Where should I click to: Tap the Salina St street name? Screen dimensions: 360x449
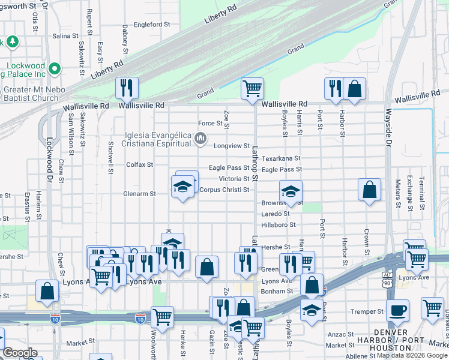[65, 36]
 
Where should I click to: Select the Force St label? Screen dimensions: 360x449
[210, 124]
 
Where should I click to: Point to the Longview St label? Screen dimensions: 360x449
[232, 146]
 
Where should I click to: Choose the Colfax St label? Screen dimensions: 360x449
[139, 164]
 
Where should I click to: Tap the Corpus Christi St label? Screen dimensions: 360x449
[224, 190]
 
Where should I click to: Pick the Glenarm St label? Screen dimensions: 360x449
[140, 194]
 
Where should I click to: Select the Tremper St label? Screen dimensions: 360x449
[367, 311]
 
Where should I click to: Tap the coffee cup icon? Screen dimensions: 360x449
[397, 310]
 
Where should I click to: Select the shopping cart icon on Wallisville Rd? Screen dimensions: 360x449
[253, 89]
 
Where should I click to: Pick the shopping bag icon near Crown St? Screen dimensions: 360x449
[369, 189]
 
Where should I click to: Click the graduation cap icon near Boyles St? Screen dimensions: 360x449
[291, 191]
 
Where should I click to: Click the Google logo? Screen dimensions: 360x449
[20, 352]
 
